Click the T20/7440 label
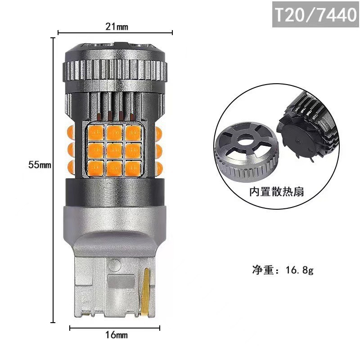[x=315, y=14]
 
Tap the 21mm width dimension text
[x=117, y=27]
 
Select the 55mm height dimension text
[x=40, y=165]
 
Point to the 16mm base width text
[x=116, y=335]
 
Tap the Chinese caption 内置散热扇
[x=277, y=192]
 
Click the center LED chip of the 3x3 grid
[x=115, y=150]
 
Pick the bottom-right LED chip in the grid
[x=133, y=168]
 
